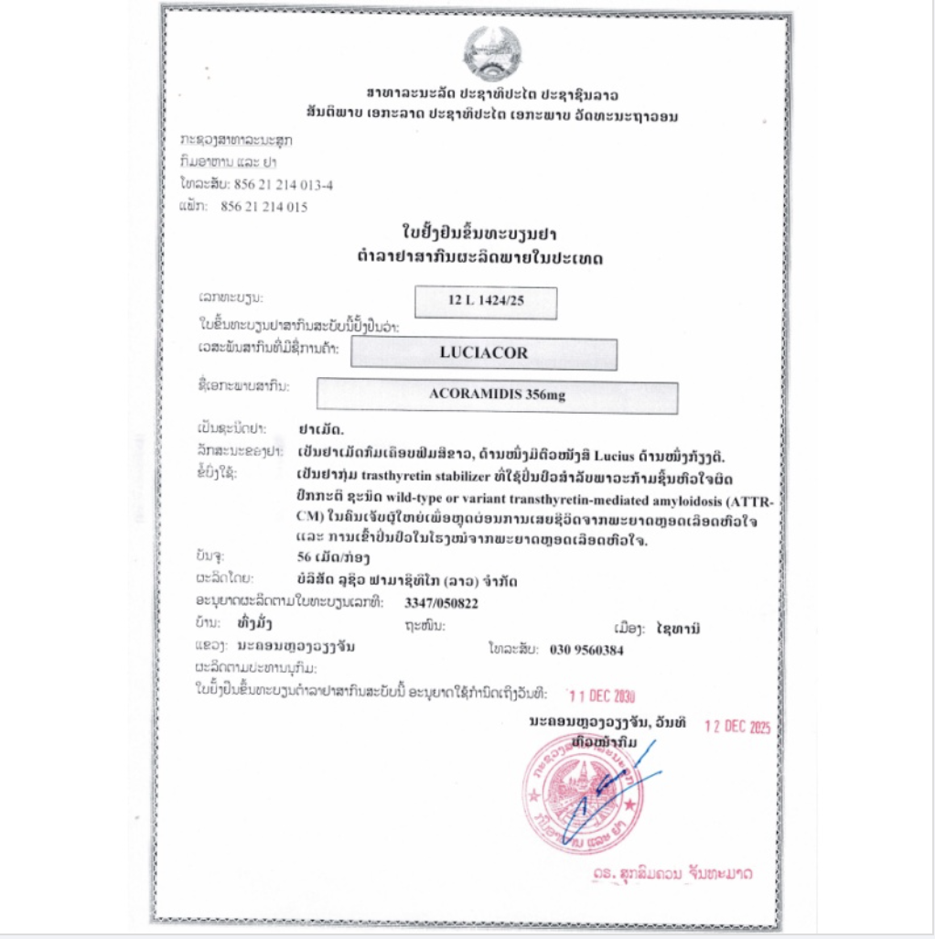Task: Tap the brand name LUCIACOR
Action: click(x=484, y=352)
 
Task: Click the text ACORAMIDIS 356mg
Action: click(x=496, y=396)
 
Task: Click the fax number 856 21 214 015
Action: click(x=264, y=207)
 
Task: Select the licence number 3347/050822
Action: click(x=441, y=603)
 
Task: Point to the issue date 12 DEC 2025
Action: click(x=737, y=727)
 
